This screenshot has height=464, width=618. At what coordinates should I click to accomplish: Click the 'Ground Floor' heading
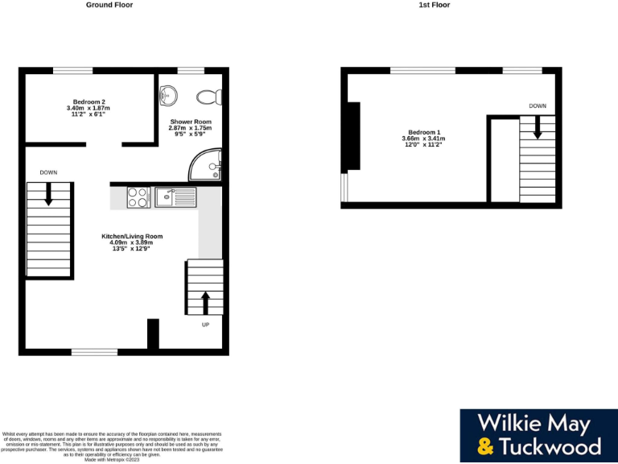tap(109, 5)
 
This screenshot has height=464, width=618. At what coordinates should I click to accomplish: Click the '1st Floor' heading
tap(435, 5)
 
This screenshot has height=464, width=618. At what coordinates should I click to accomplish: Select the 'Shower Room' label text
tap(190, 122)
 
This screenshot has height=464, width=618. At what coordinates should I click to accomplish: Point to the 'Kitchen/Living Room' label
tap(132, 236)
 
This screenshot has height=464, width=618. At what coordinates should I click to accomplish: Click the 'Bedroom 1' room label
tap(424, 132)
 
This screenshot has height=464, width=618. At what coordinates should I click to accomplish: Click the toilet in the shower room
tap(208, 97)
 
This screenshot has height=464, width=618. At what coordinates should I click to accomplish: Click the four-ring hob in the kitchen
tap(138, 197)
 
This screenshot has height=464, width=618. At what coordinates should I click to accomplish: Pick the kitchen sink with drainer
tap(175, 197)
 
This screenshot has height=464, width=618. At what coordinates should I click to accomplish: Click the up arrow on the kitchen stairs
tap(205, 302)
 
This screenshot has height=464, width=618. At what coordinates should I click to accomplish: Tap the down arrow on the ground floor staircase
tap(49, 193)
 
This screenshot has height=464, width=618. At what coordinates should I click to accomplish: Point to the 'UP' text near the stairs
tap(205, 325)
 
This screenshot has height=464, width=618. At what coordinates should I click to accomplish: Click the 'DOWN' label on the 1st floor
tap(538, 106)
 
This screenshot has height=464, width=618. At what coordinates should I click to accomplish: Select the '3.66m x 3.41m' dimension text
tap(424, 139)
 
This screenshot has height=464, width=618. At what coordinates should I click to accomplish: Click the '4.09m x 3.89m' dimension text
tap(132, 242)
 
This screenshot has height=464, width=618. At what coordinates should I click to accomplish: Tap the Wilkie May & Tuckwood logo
tap(539, 435)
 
